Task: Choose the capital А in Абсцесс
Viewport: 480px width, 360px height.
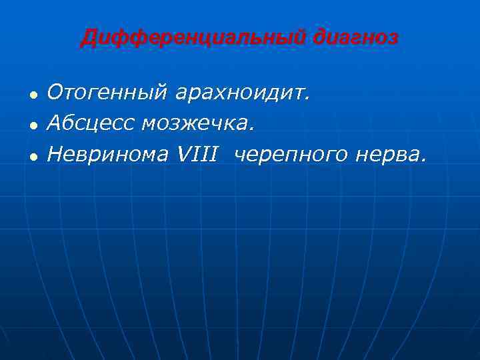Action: [54, 123]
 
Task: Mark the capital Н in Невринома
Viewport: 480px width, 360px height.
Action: [55, 153]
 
